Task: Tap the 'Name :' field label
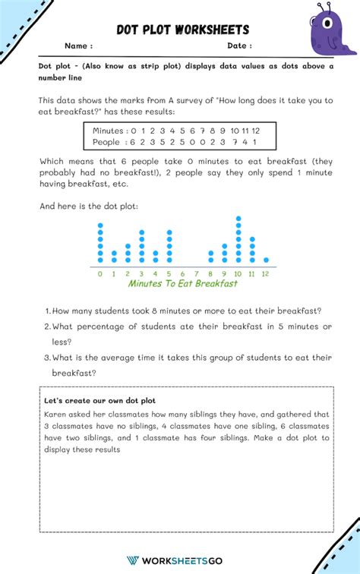click(x=79, y=46)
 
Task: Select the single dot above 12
click(x=266, y=260)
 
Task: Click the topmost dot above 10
click(x=238, y=219)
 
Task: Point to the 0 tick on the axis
click(x=100, y=273)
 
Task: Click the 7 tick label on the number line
click(x=197, y=273)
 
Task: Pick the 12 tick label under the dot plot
click(x=266, y=273)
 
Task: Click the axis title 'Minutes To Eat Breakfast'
click(x=182, y=284)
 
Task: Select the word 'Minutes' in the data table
click(x=109, y=131)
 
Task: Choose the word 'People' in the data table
click(x=107, y=142)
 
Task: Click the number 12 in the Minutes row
click(x=256, y=131)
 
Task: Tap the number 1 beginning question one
click(x=47, y=311)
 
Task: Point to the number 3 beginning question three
click(x=47, y=357)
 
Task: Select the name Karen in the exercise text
click(x=56, y=415)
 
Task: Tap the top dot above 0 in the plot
click(x=100, y=225)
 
